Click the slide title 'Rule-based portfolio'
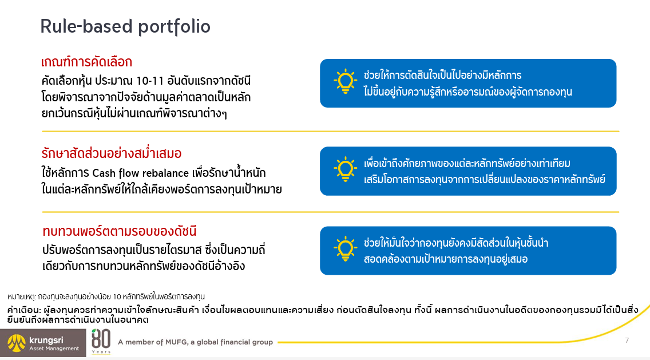click(125, 26)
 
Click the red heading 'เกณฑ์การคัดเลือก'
click(86, 62)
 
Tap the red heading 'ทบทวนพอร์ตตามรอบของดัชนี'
click(119, 232)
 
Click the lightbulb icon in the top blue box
click(345, 82)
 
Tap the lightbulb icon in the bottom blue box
click(345, 249)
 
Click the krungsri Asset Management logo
click(43, 343)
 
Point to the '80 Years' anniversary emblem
click(101, 342)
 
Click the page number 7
click(627, 341)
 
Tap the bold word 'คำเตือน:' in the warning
click(23, 310)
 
